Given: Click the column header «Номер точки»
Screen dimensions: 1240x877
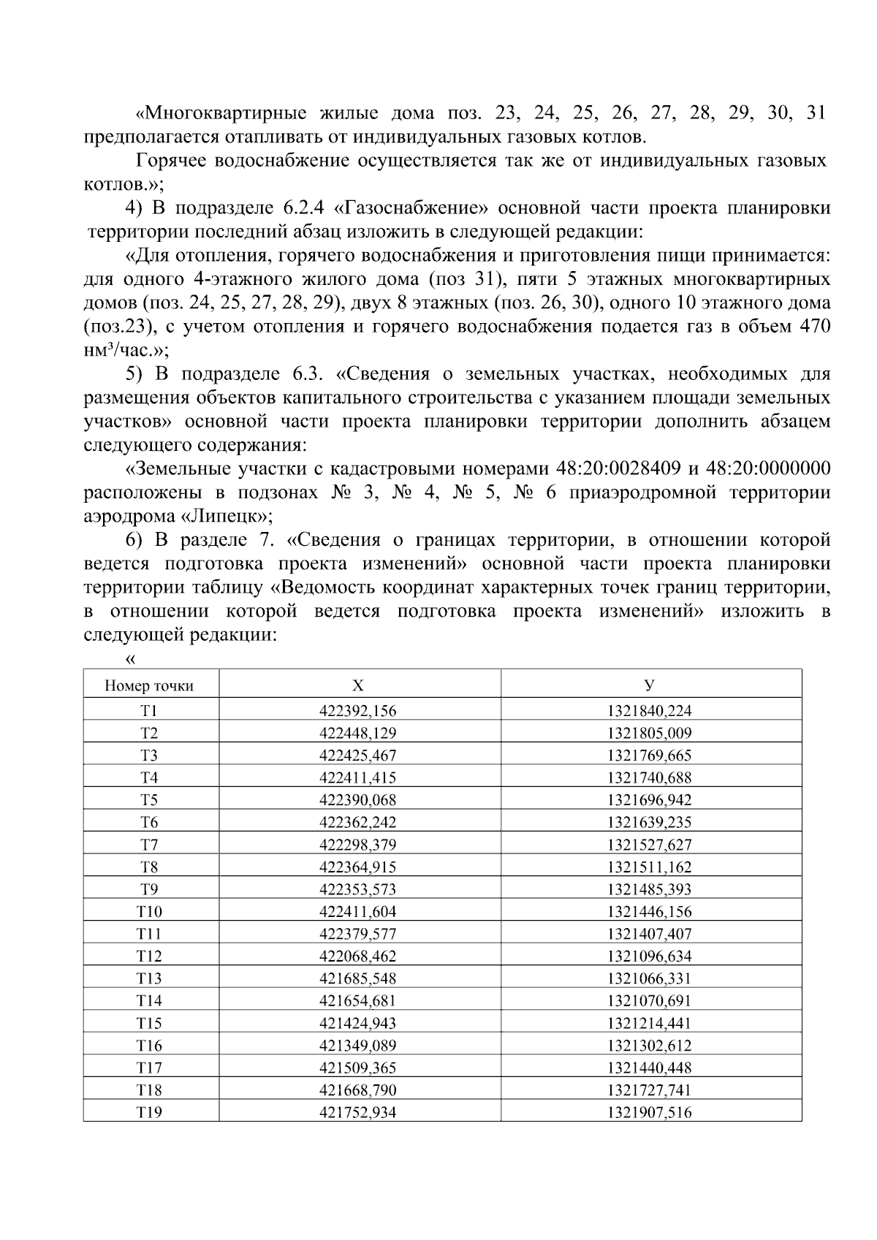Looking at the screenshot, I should coord(150,686).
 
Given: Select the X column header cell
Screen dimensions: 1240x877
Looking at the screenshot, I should coord(357,685).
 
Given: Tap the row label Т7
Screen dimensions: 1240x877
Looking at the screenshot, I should coord(150,845).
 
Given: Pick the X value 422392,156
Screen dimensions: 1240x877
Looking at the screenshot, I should coord(357,710).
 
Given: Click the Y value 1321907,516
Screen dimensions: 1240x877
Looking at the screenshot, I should coord(649,1113).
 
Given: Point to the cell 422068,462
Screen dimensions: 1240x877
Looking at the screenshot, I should coord(357,956).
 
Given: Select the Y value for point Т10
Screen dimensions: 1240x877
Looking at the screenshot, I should coord(649,912).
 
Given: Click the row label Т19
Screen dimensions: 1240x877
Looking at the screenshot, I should coord(150,1113).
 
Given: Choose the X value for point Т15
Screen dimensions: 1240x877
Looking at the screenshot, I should coord(357,1024).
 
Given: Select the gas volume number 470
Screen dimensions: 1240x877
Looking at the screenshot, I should coord(815,327).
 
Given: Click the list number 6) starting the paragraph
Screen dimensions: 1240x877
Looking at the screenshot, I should coord(134,541).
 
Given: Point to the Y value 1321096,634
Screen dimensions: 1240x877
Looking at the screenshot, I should coord(649,956).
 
